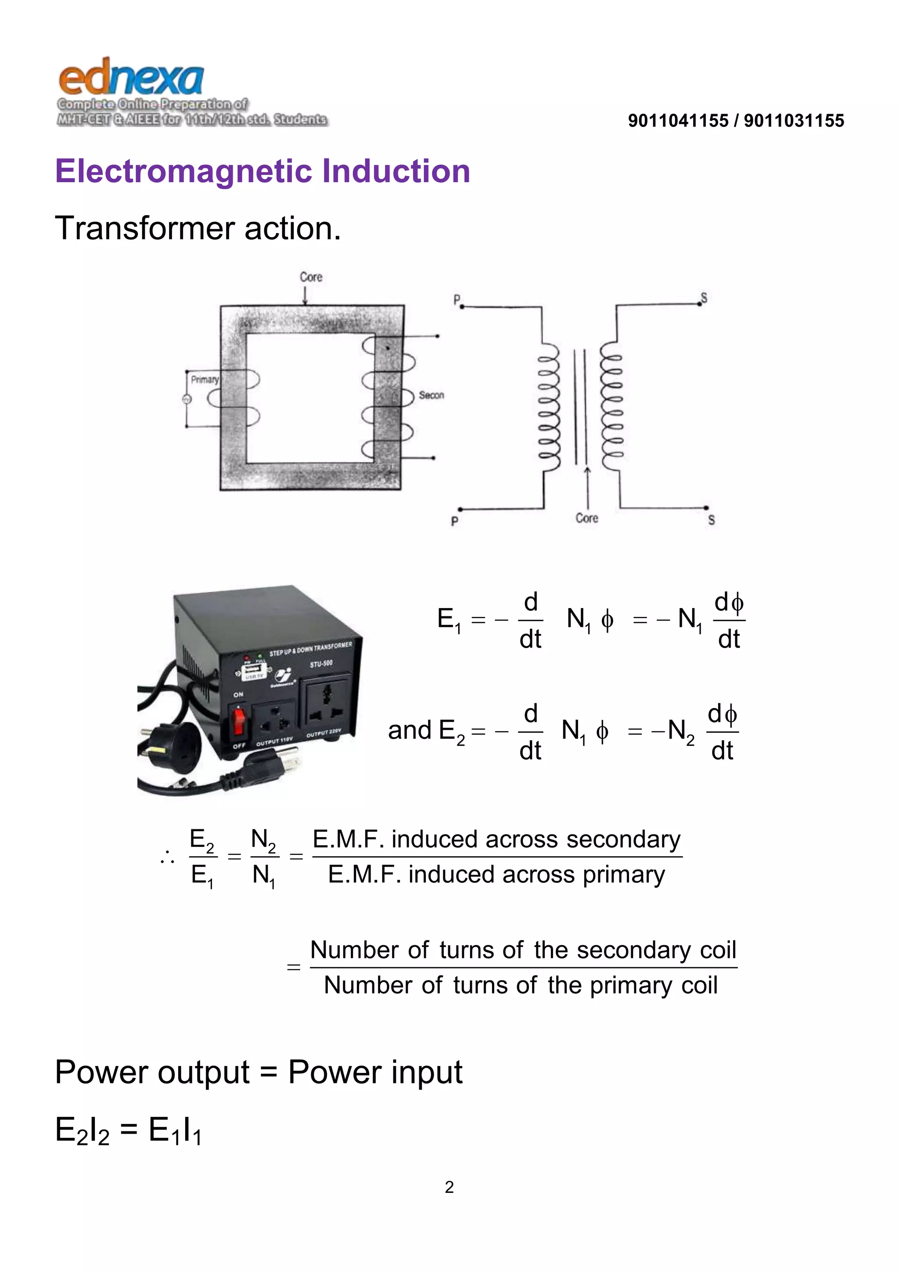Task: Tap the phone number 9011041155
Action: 678,121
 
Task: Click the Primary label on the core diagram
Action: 204,380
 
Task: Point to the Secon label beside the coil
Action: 431,395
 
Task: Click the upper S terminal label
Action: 704,298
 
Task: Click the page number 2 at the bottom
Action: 449,1187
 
